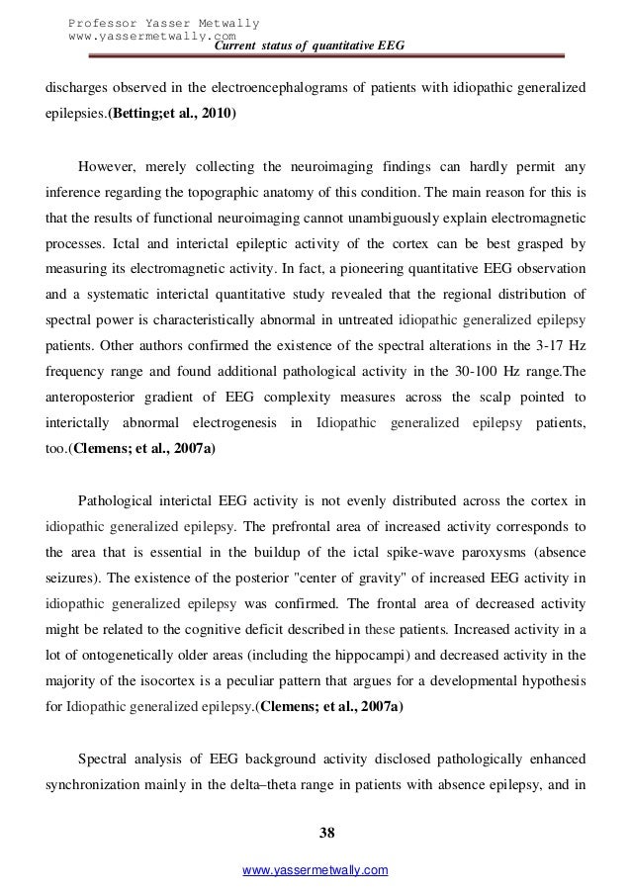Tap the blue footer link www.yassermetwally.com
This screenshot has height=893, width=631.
coord(321,869)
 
